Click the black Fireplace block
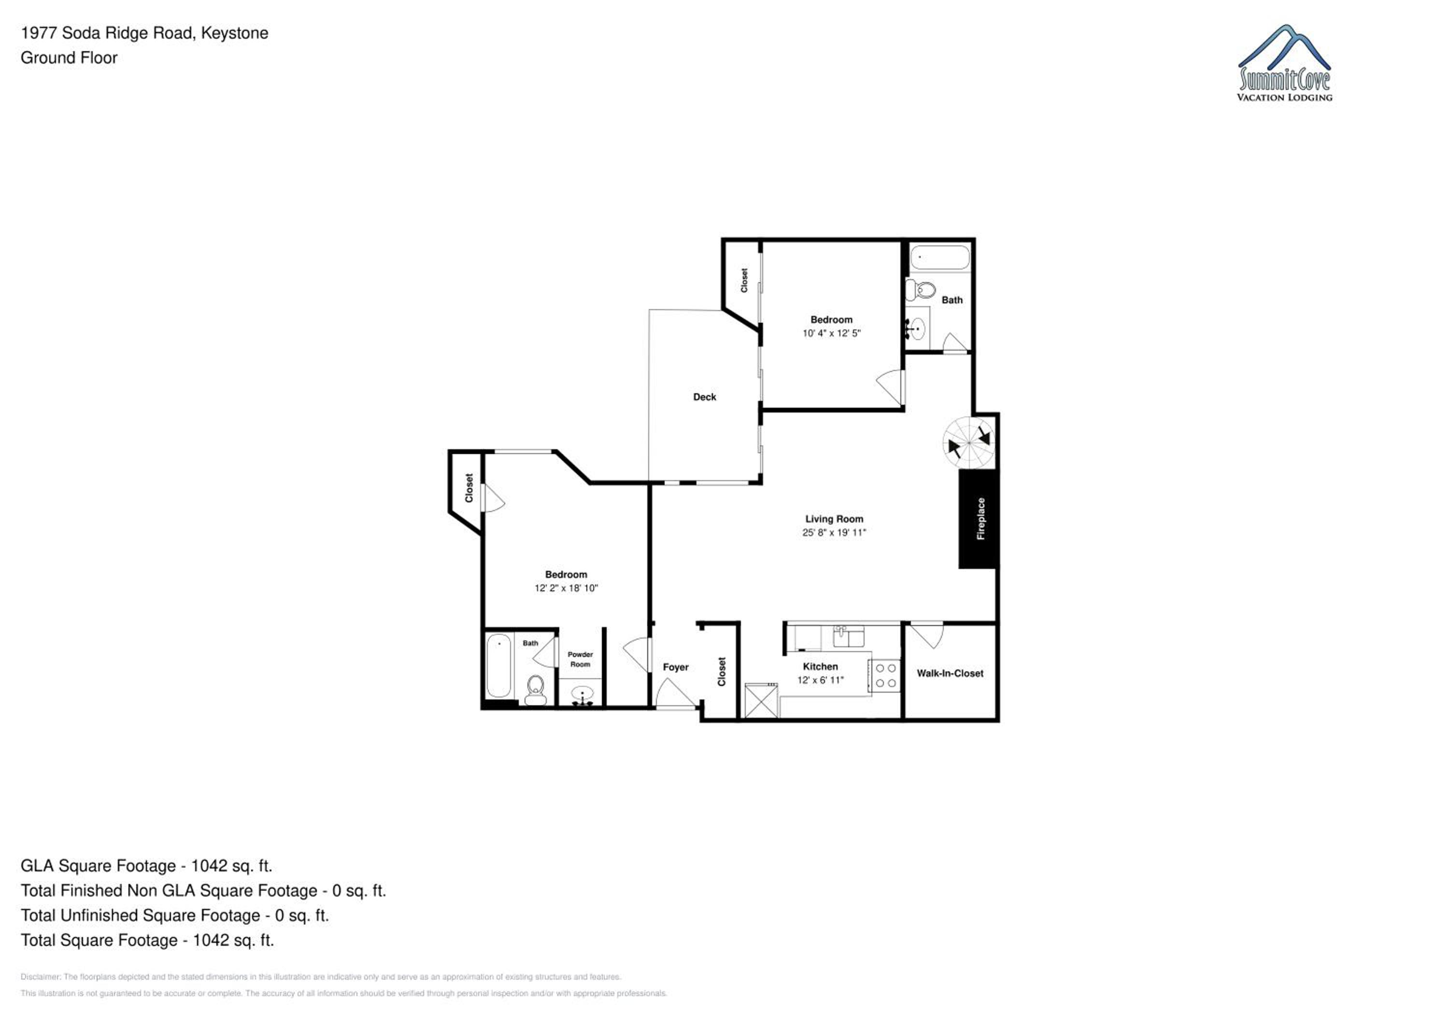[x=978, y=518]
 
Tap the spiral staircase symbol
[x=969, y=442]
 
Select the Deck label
[x=704, y=397]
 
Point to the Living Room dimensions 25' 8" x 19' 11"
[x=834, y=533]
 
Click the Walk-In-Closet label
[x=950, y=673]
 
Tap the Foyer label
[x=675, y=667]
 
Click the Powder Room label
[x=580, y=659]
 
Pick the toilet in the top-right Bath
[x=920, y=290]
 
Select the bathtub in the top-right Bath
[x=939, y=257]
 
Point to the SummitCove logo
[x=1284, y=63]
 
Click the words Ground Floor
[x=69, y=58]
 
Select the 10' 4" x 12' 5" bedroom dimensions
[x=831, y=333]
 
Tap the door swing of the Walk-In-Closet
[x=926, y=635]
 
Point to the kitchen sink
[x=848, y=637]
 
